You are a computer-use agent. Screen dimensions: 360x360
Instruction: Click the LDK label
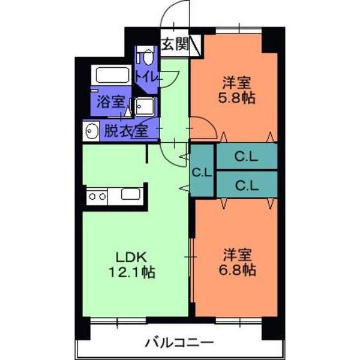[128, 256]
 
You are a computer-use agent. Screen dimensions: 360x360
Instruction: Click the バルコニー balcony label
[179, 344]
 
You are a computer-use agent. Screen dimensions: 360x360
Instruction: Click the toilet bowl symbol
[144, 58]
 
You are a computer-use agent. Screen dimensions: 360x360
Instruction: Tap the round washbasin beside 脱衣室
[92, 130]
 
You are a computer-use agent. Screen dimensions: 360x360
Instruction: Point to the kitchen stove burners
[97, 196]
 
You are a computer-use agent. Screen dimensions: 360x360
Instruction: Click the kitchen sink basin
[130, 194]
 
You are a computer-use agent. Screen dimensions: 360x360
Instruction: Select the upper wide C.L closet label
[246, 158]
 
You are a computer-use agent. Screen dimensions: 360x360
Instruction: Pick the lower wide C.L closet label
[246, 185]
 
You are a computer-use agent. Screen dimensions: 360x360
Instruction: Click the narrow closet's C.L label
[202, 172]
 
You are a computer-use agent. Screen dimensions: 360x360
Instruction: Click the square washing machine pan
[145, 107]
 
